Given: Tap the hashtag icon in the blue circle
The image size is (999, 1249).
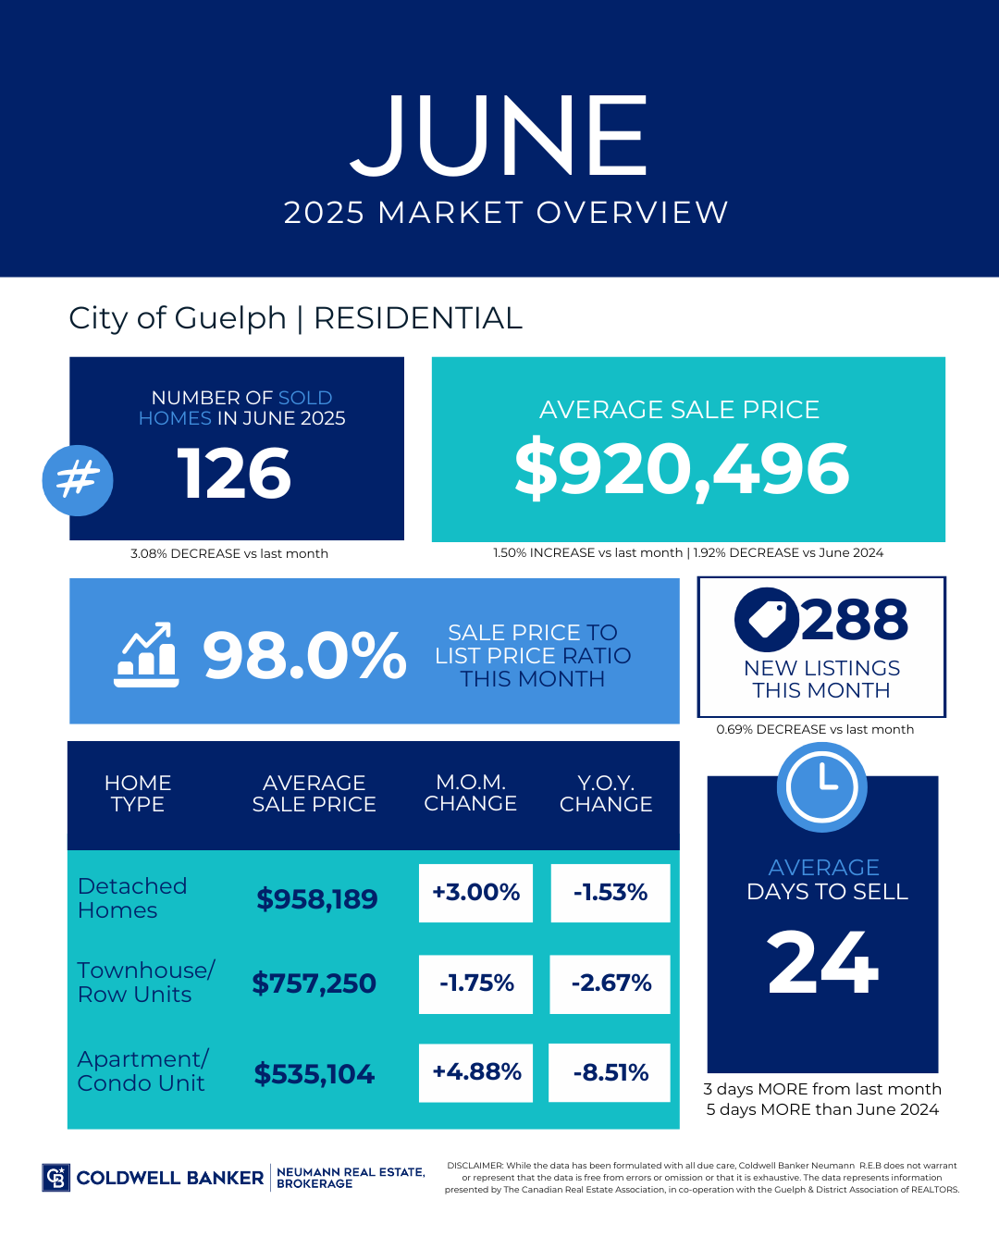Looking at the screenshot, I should [x=78, y=480].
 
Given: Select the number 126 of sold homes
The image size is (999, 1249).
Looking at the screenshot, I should [x=234, y=474].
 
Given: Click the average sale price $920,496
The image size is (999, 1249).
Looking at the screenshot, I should [x=682, y=469].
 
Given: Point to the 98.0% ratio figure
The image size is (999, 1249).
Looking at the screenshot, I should [x=304, y=655].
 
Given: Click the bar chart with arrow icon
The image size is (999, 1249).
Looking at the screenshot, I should [x=146, y=654].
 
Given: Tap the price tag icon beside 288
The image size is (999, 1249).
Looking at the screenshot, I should [x=766, y=619].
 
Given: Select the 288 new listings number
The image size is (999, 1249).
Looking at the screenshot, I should [x=855, y=619].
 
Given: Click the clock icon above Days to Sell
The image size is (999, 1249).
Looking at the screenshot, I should [x=821, y=787].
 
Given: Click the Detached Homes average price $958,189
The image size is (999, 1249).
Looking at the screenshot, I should [x=317, y=898].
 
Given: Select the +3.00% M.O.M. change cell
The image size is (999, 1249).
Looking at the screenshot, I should [x=475, y=893].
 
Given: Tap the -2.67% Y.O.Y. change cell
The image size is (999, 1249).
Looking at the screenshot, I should [x=610, y=983].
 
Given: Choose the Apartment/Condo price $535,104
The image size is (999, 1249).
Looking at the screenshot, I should [x=314, y=1074].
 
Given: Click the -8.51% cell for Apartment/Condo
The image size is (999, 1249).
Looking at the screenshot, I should [x=610, y=1073].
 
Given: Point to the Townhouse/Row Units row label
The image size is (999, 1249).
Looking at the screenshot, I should [x=145, y=982].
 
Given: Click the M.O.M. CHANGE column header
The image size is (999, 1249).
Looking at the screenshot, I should [x=470, y=793].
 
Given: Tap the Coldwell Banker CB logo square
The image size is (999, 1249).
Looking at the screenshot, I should [x=56, y=1178].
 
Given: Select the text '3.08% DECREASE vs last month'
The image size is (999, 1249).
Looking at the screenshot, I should [x=229, y=553].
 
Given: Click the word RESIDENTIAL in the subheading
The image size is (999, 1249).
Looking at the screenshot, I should [x=418, y=318].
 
